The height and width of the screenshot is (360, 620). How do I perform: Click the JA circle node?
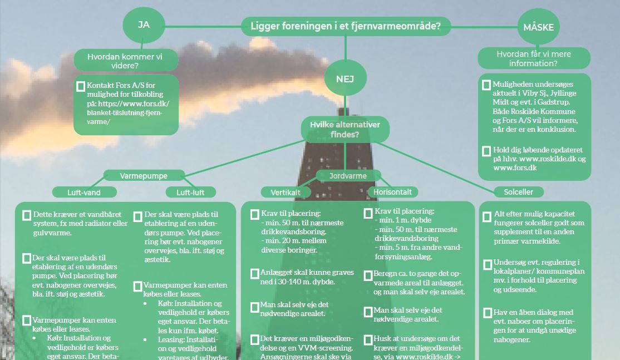click(x=144, y=25)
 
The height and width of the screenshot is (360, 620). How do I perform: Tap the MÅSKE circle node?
click(x=538, y=27)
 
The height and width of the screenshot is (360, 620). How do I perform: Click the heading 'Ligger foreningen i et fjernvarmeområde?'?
click(x=345, y=26)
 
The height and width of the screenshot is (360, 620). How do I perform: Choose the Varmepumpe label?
click(x=144, y=176)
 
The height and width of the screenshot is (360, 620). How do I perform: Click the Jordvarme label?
click(x=348, y=176)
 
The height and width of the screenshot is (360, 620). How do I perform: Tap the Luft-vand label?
click(x=85, y=192)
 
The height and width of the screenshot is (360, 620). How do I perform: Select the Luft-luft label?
click(x=190, y=193)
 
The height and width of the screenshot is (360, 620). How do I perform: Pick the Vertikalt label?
click(x=286, y=192)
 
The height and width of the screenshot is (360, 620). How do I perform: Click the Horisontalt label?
click(x=392, y=192)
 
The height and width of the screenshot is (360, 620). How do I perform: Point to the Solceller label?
click(x=518, y=192)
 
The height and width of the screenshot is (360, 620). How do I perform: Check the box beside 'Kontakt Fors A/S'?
click(x=81, y=86)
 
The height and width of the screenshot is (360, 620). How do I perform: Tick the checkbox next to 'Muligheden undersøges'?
click(x=486, y=85)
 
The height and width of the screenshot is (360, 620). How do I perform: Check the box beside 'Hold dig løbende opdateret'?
click(x=486, y=150)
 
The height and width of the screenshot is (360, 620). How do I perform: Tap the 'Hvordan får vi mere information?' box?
click(x=534, y=58)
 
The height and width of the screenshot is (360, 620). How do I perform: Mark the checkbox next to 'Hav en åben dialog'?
click(x=488, y=313)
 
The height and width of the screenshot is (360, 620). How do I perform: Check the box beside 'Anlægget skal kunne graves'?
click(x=254, y=273)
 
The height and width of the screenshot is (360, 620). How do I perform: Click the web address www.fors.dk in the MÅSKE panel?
click(x=514, y=167)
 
